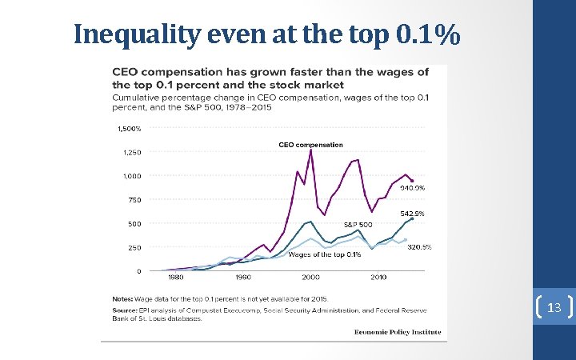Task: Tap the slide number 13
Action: tap(554, 308)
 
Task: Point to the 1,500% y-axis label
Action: tap(129, 128)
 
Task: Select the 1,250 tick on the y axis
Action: tap(130, 152)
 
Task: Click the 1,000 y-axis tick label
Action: tap(130, 176)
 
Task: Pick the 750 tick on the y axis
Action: tap(134, 200)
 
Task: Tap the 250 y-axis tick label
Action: tap(134, 248)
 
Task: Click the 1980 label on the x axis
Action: tap(175, 278)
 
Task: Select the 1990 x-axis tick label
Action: tap(243, 278)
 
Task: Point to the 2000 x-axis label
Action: tap(310, 278)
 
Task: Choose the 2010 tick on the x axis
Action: tap(378, 278)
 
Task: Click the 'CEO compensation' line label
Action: tap(310, 145)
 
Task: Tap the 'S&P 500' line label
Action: tap(358, 225)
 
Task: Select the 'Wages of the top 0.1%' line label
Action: tap(325, 254)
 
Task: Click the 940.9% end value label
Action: tap(412, 188)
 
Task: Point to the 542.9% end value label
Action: tap(412, 214)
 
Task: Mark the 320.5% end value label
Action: tap(419, 247)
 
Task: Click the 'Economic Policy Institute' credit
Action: tap(398, 332)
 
